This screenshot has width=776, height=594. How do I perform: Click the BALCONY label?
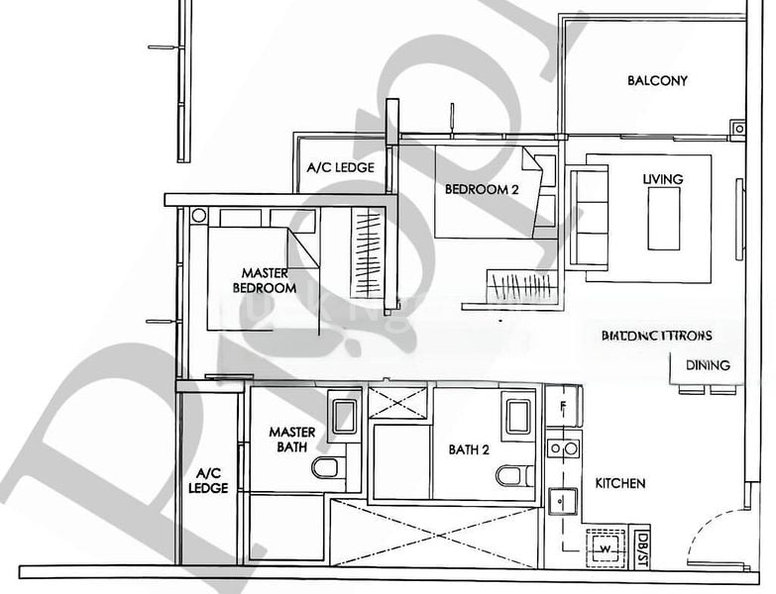click(657, 81)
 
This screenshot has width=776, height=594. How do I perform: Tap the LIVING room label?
click(662, 179)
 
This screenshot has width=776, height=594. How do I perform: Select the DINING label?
click(708, 365)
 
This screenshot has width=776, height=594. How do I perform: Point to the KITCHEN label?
click(620, 484)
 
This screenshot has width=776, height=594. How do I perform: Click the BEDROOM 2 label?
click(482, 189)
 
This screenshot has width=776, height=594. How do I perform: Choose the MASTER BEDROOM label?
click(265, 280)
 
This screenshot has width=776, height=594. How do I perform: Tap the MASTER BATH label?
click(292, 440)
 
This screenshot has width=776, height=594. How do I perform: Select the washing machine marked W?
click(603, 544)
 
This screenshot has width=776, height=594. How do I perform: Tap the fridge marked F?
click(562, 406)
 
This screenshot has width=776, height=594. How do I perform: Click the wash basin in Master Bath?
click(344, 414)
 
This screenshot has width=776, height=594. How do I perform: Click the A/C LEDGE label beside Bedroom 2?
click(340, 167)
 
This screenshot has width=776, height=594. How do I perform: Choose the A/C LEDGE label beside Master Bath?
click(211, 480)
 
